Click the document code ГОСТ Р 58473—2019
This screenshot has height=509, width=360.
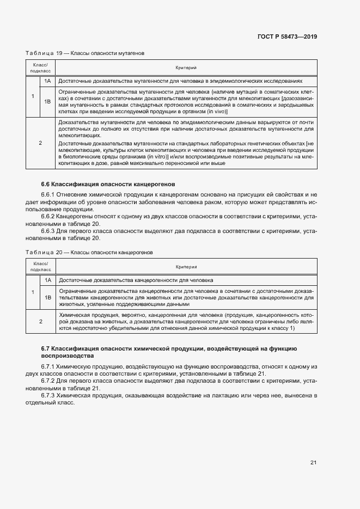[x=287, y=36]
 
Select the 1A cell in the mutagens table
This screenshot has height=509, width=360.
[x=47, y=81]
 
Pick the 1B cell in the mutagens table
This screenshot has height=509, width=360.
[x=47, y=101]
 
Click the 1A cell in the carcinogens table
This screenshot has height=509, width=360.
[x=47, y=280]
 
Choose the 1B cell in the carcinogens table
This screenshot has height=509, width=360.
[x=47, y=297]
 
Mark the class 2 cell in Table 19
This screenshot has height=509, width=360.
[x=40, y=143]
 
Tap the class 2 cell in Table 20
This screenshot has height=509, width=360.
[x=40, y=321]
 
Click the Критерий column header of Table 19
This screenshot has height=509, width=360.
[x=186, y=68]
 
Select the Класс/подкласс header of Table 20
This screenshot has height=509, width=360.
[x=40, y=266]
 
